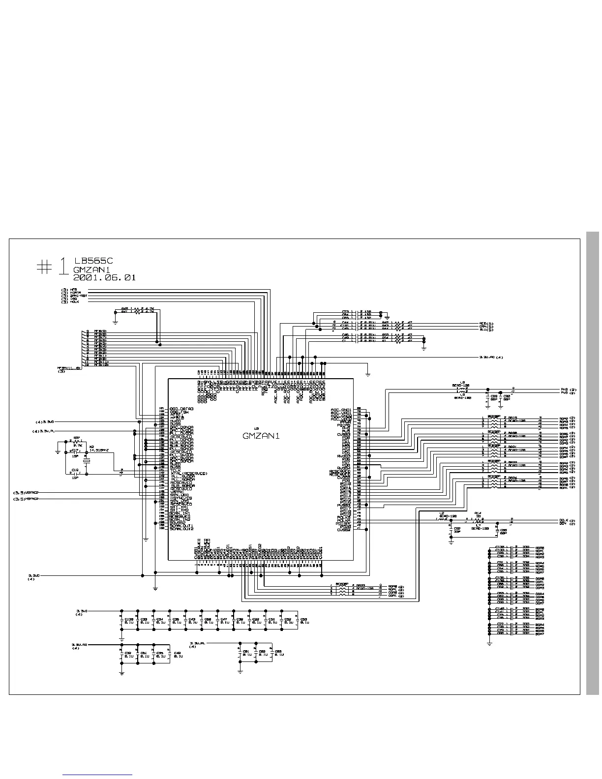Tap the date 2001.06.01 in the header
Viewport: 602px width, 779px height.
(104, 277)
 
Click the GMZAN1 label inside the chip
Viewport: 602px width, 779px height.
(261, 436)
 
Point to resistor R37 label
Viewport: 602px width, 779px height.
(77, 437)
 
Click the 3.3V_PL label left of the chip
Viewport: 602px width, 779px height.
(45, 431)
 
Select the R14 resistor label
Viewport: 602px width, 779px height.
(478, 513)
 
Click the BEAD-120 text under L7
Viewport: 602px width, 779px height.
(480, 528)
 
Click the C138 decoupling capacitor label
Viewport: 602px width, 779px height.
(129, 619)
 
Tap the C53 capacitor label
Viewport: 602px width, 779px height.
(303, 619)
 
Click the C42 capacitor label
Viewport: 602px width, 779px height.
(177, 654)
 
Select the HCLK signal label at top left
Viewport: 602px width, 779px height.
(74, 301)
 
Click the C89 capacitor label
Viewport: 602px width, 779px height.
(493, 396)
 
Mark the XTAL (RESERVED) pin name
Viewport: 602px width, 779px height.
(189, 473)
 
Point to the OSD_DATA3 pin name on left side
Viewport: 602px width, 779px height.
(181, 409)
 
